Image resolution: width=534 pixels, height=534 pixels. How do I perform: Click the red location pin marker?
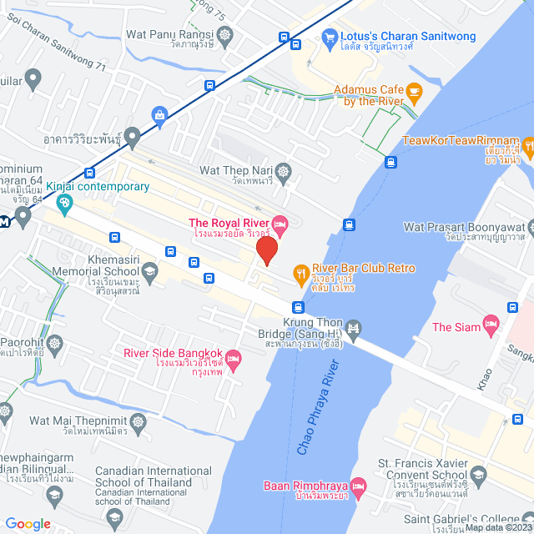[x=266, y=250]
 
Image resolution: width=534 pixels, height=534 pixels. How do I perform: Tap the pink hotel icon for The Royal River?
[x=280, y=223]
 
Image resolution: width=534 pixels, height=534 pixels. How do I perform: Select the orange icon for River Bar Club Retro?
[x=300, y=272]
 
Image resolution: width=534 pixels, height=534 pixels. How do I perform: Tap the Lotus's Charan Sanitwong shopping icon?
[x=329, y=37]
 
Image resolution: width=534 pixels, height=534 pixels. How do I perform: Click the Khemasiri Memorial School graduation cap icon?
[x=150, y=270]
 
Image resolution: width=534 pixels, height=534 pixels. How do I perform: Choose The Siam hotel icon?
[x=491, y=322]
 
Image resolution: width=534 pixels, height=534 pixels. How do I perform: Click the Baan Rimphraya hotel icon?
[x=359, y=486]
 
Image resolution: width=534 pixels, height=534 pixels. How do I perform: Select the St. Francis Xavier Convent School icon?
[x=478, y=477]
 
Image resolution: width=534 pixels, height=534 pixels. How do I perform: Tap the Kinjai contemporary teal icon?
[x=63, y=203]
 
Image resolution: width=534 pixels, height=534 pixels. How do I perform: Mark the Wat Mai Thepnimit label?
[x=78, y=421]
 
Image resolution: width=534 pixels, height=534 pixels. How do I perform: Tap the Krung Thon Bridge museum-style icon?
[x=354, y=329]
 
